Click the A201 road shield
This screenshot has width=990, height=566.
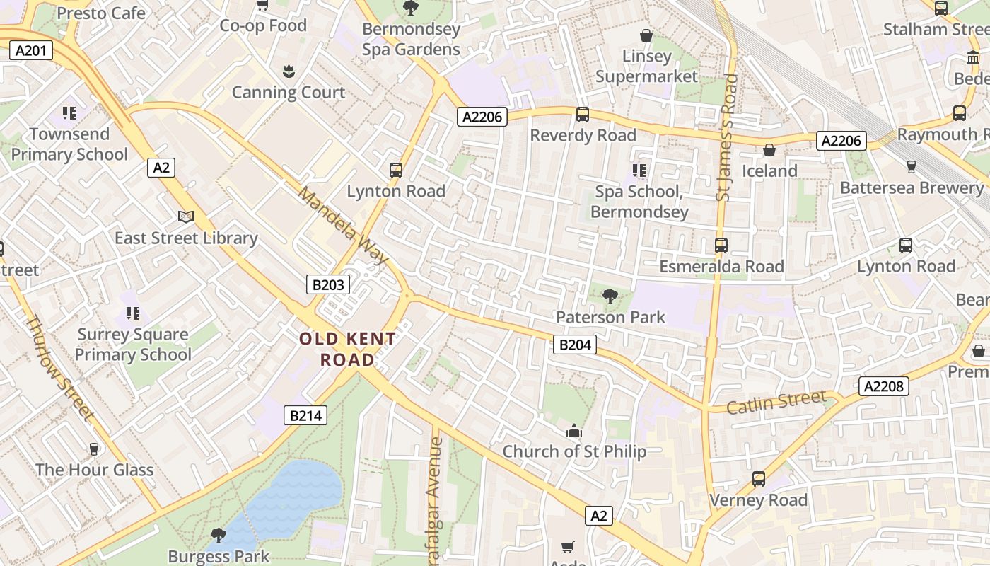click(32, 50)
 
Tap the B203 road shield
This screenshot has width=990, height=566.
click(328, 284)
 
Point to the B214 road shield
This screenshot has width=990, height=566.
click(306, 415)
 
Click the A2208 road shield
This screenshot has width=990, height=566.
click(884, 386)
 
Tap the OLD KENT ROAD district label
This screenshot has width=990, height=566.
click(347, 349)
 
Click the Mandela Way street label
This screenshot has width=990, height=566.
click(344, 225)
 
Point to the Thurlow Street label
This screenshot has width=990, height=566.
click(59, 367)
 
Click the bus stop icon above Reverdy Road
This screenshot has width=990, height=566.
click(583, 115)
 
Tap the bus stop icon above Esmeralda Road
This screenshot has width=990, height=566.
click(721, 246)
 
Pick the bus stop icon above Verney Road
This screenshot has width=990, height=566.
click(759, 479)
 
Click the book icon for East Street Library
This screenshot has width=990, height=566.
click(186, 217)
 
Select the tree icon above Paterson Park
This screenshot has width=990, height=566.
click(610, 296)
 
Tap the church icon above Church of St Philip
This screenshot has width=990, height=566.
click(573, 430)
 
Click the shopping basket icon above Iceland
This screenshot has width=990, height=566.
click(769, 150)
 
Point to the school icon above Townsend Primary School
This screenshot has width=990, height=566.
click(69, 113)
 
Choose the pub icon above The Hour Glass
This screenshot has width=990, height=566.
click(93, 449)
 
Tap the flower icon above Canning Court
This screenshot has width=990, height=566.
click(289, 71)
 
